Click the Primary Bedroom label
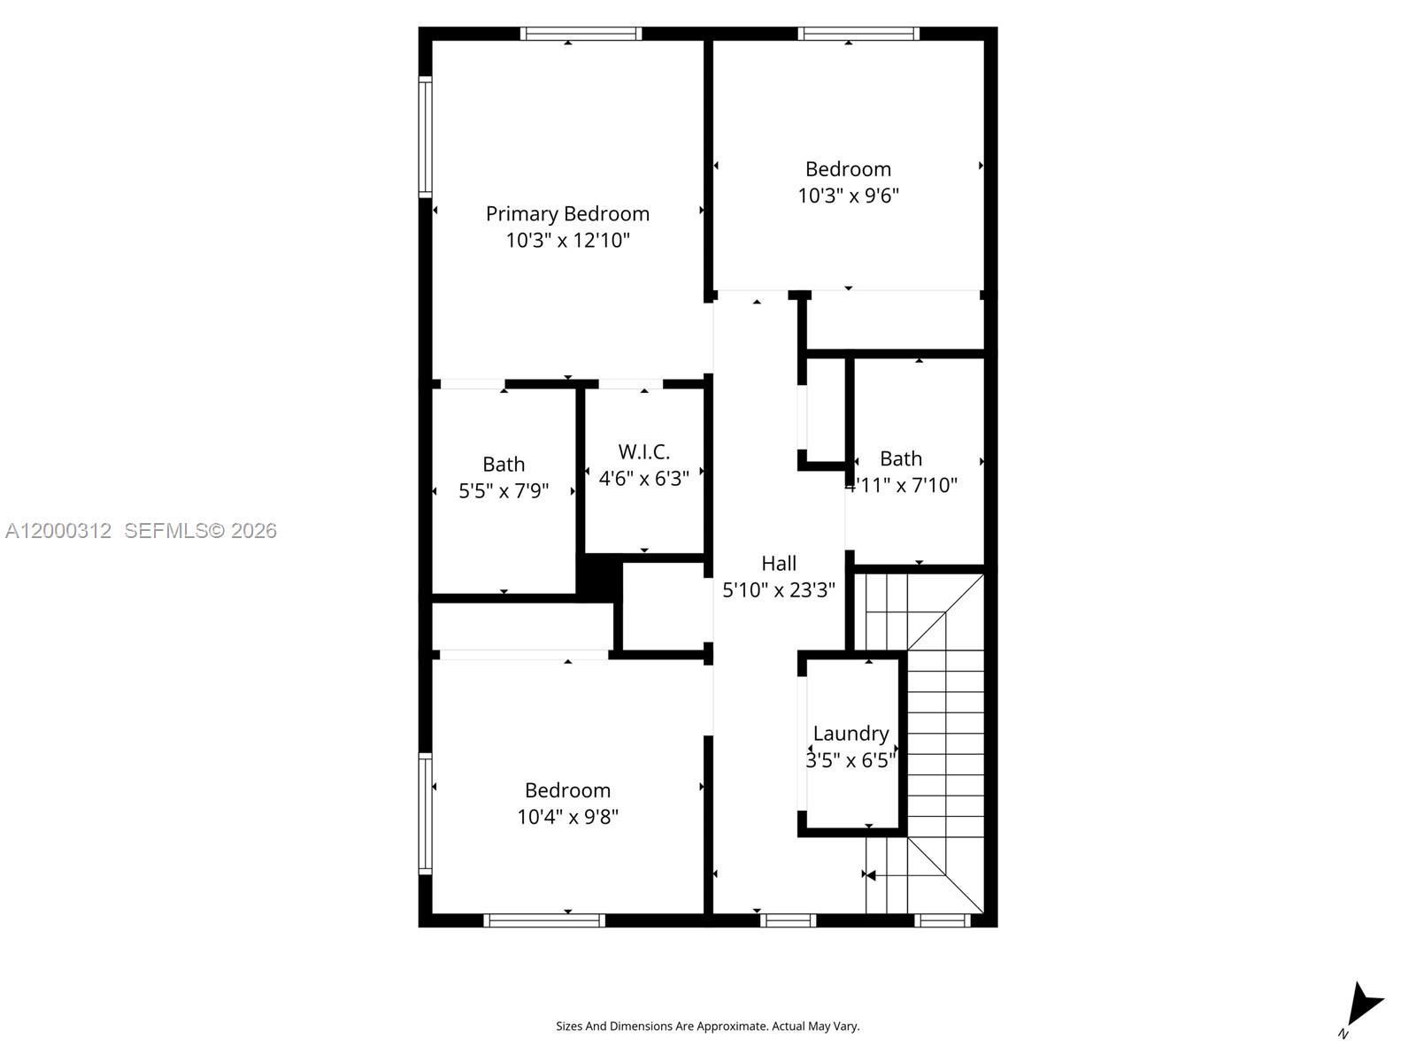pyautogui.click(x=567, y=213)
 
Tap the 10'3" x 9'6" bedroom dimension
pyautogui.click(x=848, y=196)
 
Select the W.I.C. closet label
pyautogui.click(x=643, y=451)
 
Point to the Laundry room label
pyautogui.click(x=850, y=733)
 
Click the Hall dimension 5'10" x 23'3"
pyautogui.click(x=779, y=589)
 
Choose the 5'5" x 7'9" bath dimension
pyautogui.click(x=504, y=490)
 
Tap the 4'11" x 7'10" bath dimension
pyautogui.click(x=901, y=485)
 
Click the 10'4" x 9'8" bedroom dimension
pyautogui.click(x=567, y=816)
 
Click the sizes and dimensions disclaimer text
pyautogui.click(x=707, y=1026)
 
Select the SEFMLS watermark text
pyautogui.click(x=200, y=530)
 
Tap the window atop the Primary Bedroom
pyautogui.click(x=581, y=34)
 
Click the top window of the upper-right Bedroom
pyautogui.click(x=858, y=34)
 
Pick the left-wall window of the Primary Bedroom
pyautogui.click(x=425, y=136)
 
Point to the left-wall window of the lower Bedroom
pyautogui.click(x=425, y=813)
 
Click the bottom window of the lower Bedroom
pyautogui.click(x=544, y=920)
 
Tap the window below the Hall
pyautogui.click(x=788, y=920)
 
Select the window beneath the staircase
pyautogui.click(x=942, y=920)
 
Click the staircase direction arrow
pyautogui.click(x=871, y=875)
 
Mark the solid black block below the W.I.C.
pyautogui.click(x=599, y=579)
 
